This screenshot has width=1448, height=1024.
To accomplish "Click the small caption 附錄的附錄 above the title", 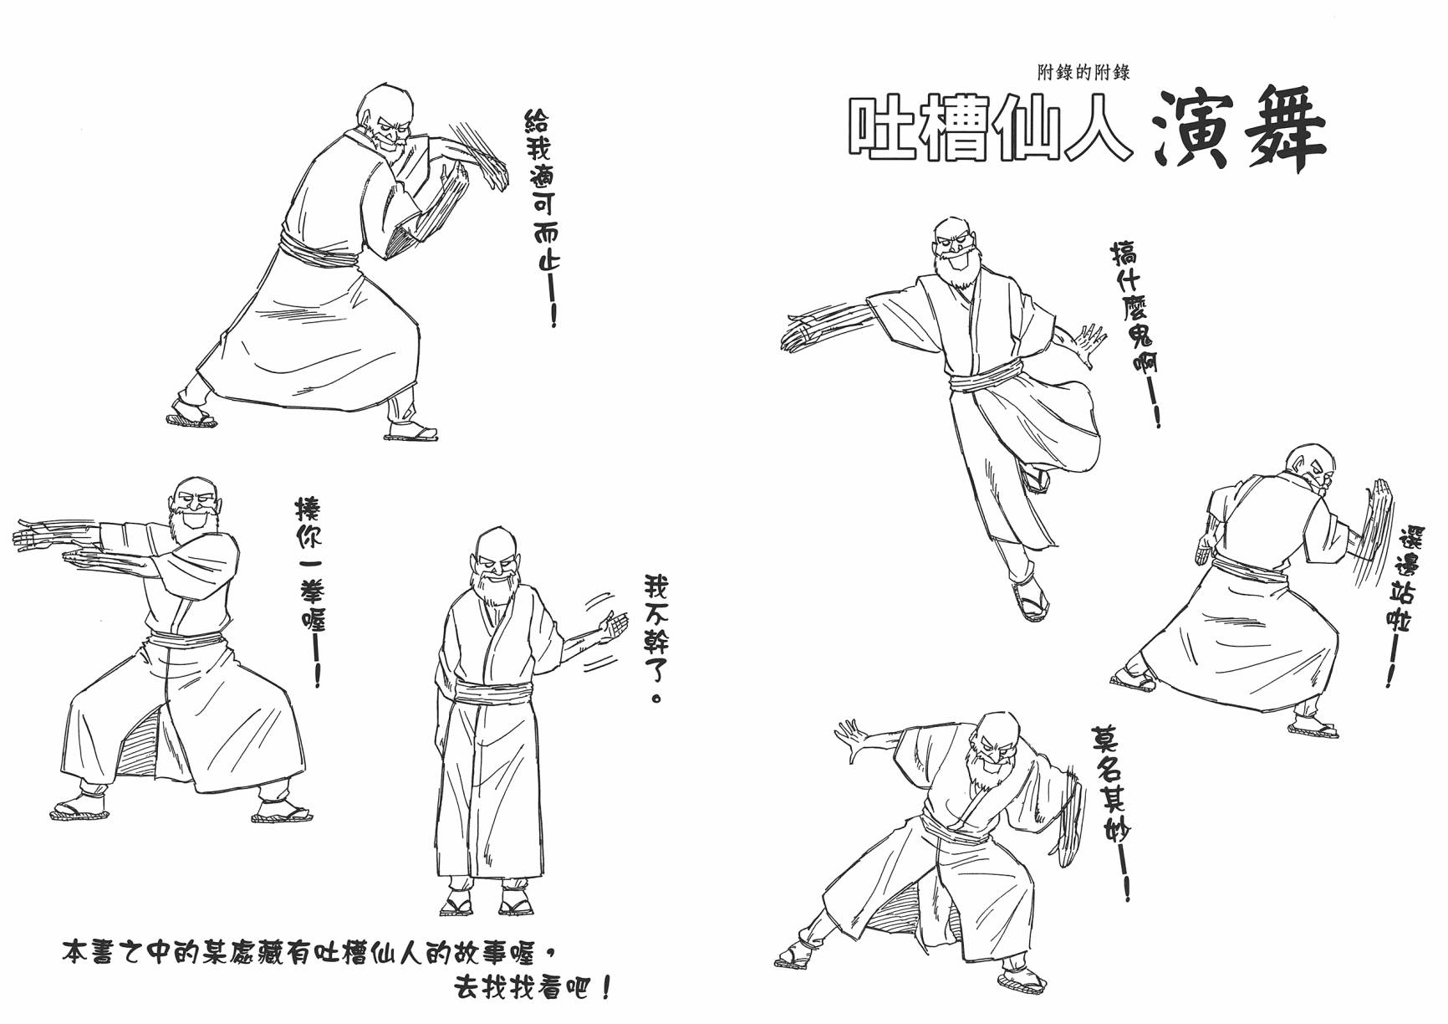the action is (x=1083, y=73).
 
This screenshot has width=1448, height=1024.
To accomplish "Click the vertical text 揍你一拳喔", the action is (x=308, y=594).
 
